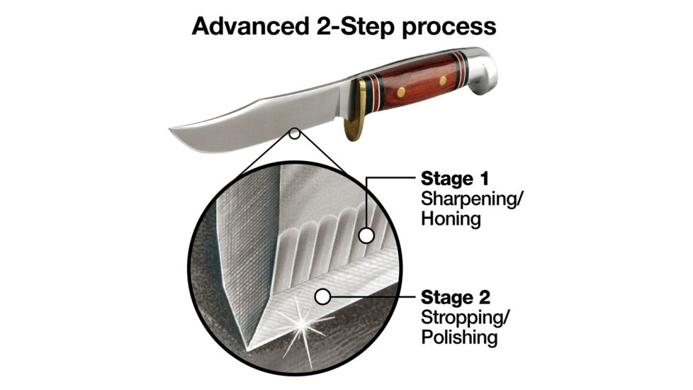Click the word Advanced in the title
coord(251,26)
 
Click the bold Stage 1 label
coord(455,179)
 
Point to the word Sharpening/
coord(471,199)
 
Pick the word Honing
coord(451,219)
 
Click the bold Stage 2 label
coord(455,297)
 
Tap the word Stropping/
coord(466,318)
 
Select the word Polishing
coord(459,338)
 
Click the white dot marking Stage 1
coord(366,235)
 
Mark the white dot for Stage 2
coord(323,297)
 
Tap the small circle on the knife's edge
coord(295,133)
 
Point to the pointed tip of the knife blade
coord(171,129)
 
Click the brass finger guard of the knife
coord(356,111)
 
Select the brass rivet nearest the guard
coord(401,92)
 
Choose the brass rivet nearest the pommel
coord(443,81)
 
